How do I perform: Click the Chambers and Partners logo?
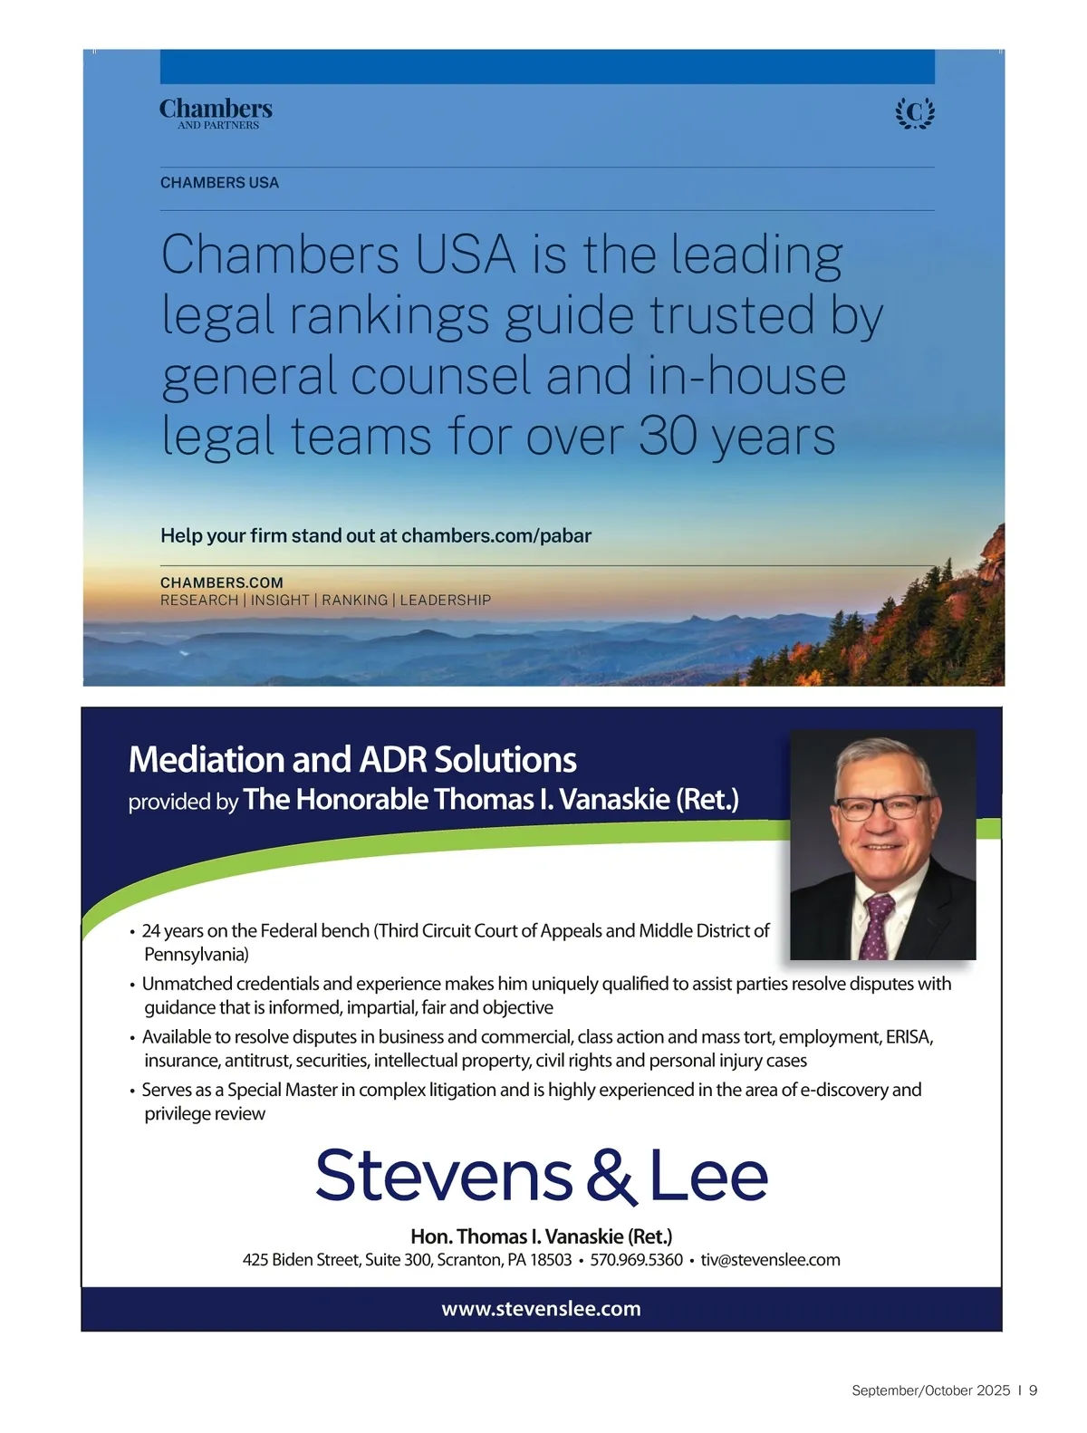[x=216, y=113]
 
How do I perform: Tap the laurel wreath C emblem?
[x=915, y=113]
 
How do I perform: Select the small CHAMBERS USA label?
[x=219, y=183]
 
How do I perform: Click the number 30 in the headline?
[x=669, y=437]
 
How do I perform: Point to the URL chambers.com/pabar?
[x=495, y=535]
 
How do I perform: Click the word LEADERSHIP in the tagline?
[x=445, y=600]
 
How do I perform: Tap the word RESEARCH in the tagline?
[x=198, y=600]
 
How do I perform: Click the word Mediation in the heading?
[x=207, y=759]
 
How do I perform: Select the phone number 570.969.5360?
[x=636, y=1260]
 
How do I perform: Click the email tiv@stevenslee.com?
[x=770, y=1260]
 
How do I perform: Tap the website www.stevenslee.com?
[x=541, y=1309]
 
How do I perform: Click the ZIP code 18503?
[x=551, y=1260]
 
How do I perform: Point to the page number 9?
[x=1034, y=1390]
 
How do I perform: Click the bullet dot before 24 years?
[x=132, y=932]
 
